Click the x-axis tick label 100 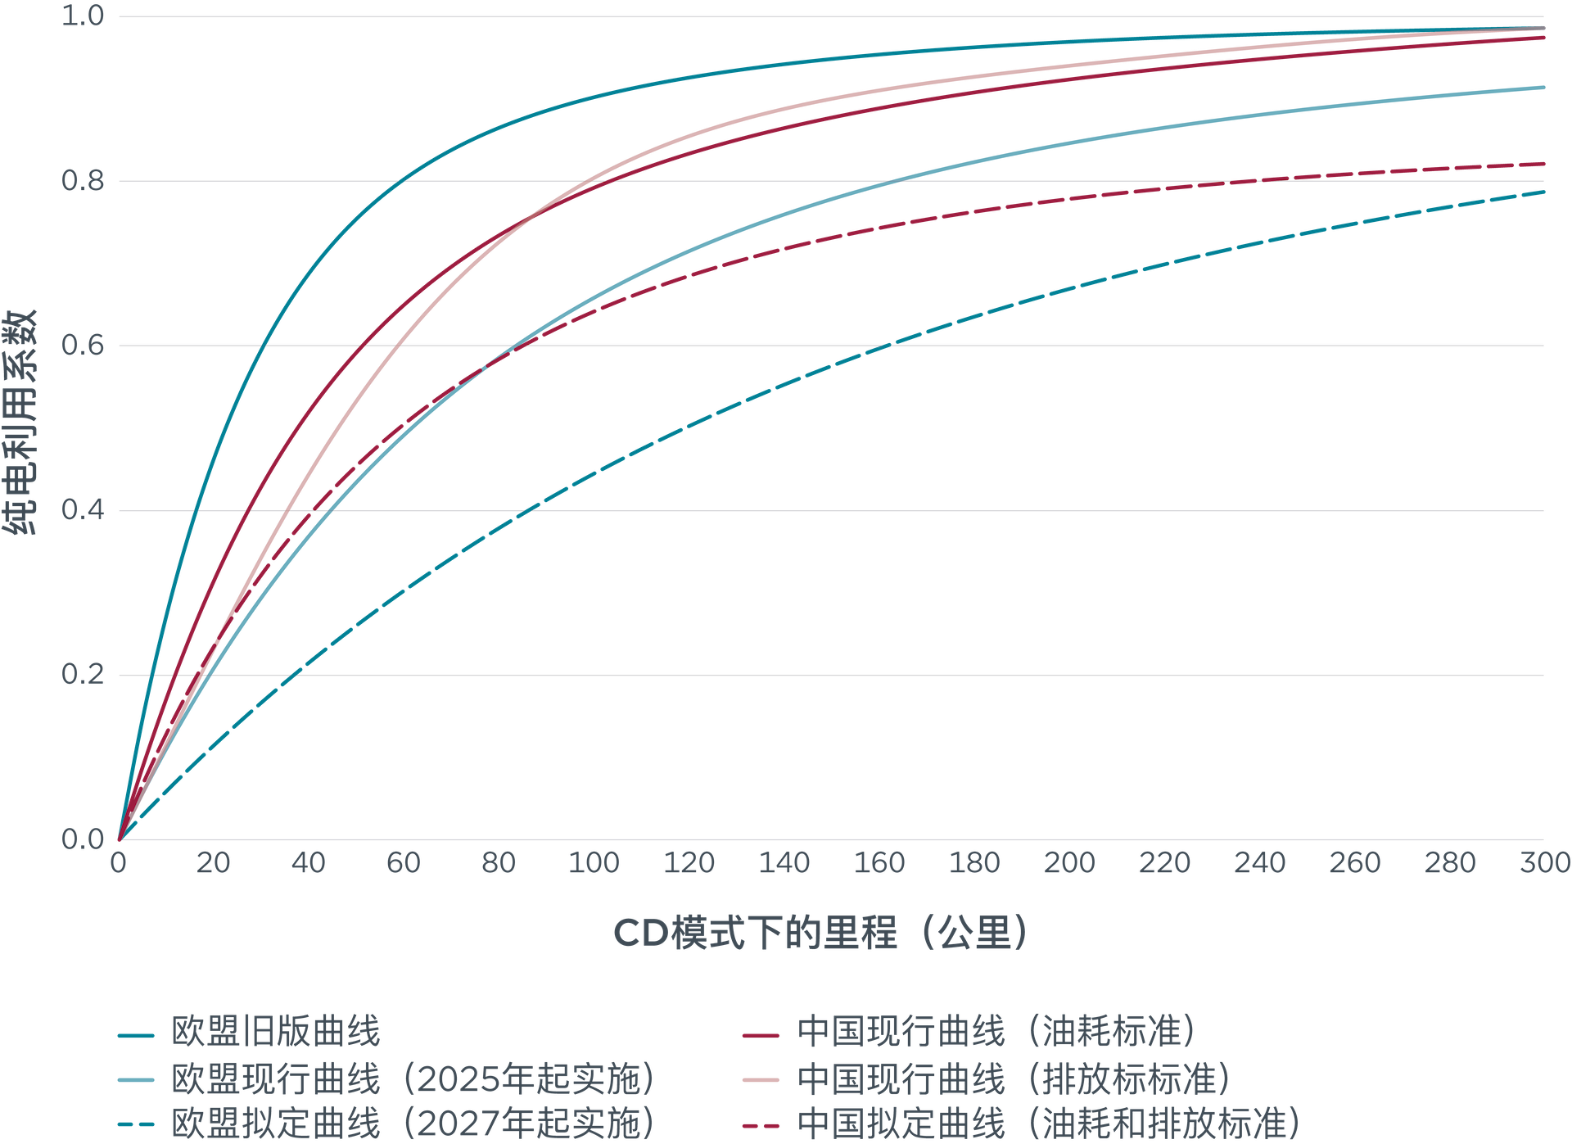594,862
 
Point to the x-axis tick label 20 213,862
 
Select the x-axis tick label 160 879,862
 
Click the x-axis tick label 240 1260,862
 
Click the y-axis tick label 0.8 83,180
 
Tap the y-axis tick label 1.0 83,16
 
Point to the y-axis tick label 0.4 83,510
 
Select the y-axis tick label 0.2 83,675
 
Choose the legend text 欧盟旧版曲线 276,1032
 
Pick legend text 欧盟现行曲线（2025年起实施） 413,1078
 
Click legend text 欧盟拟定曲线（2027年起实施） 413,1124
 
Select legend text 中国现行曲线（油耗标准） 997,1032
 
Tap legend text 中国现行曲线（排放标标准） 1015,1078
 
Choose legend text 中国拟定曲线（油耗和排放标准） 1050,1124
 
